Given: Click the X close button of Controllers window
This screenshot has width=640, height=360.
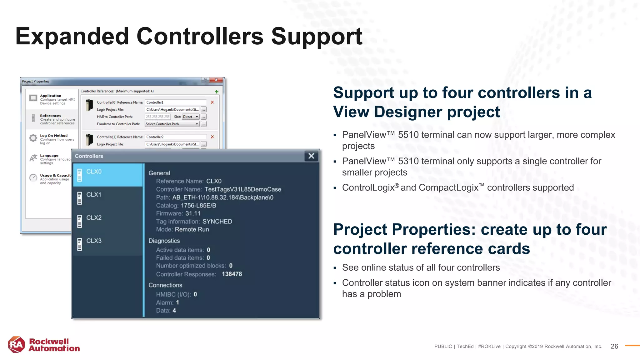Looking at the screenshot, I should tap(311, 156).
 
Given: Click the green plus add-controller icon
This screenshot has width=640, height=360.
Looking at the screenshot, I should tap(217, 92).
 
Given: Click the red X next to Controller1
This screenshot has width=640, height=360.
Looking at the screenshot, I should tap(212, 102).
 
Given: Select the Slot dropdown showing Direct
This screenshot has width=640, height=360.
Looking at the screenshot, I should tap(191, 117).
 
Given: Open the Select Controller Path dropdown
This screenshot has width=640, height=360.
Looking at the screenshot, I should tap(172, 124).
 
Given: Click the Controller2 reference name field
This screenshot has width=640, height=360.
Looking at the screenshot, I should tap(175, 137).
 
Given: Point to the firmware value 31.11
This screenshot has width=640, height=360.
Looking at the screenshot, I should tap(193, 213).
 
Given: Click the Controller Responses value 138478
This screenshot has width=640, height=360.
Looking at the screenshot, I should tap(232, 274).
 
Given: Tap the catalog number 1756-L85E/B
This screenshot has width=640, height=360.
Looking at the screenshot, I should tap(198, 206).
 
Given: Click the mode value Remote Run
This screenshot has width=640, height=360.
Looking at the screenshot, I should tap(192, 229).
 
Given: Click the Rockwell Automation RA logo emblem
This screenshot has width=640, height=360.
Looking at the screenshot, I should tap(17, 345).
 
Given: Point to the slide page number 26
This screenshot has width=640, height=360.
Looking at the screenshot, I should tap(614, 346).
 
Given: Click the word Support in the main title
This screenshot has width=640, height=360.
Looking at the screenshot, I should tap(316, 37).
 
